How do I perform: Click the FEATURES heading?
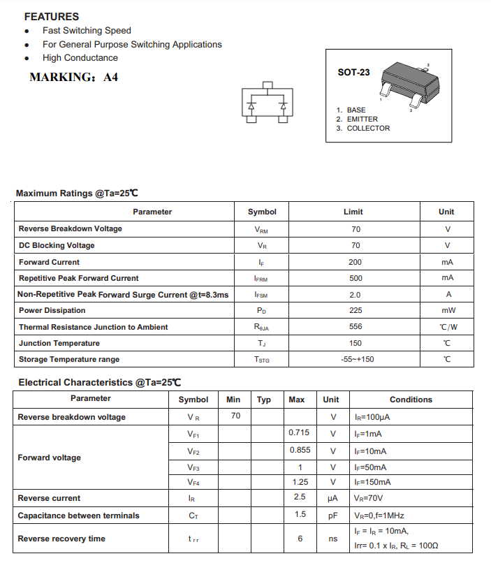(x=52, y=16)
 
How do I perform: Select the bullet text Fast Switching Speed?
(x=87, y=31)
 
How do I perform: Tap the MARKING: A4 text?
(x=74, y=78)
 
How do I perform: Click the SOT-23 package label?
(x=353, y=72)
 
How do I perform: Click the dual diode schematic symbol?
(x=267, y=105)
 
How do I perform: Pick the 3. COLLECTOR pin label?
(x=362, y=129)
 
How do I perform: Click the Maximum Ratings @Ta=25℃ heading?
(x=77, y=193)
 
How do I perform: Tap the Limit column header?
(x=353, y=212)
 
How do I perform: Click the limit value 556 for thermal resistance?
(x=356, y=327)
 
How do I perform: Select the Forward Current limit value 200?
(x=356, y=262)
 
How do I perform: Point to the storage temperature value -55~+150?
(x=356, y=359)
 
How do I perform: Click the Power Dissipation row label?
(x=52, y=310)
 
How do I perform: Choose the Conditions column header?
(x=411, y=400)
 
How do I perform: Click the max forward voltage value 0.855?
(x=300, y=451)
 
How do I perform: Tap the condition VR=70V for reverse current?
(x=369, y=498)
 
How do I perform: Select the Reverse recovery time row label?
(x=61, y=539)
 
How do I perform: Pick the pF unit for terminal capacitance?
(x=332, y=516)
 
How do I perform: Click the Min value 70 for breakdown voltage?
(x=235, y=416)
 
